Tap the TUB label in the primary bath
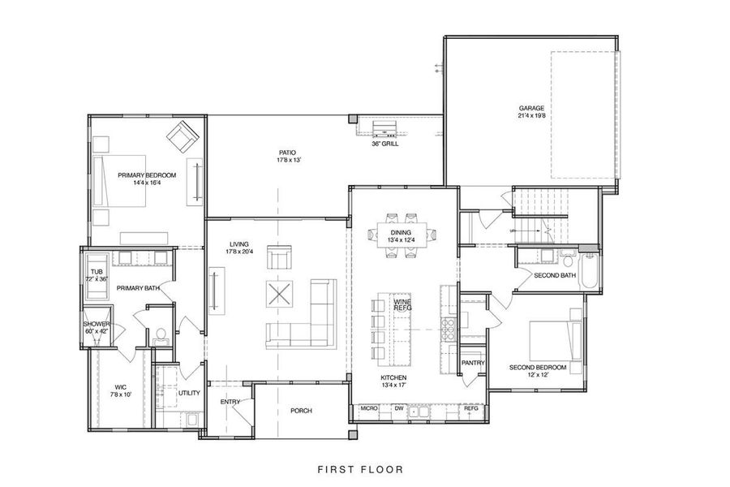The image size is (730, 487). click(x=97, y=273)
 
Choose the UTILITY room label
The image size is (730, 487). click(x=189, y=393)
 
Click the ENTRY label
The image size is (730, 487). click(x=230, y=402)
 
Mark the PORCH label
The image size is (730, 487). click(x=301, y=411)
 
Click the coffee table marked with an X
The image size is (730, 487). click(x=281, y=293)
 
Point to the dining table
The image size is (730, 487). click(x=402, y=236)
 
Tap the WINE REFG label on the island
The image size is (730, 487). click(x=402, y=305)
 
